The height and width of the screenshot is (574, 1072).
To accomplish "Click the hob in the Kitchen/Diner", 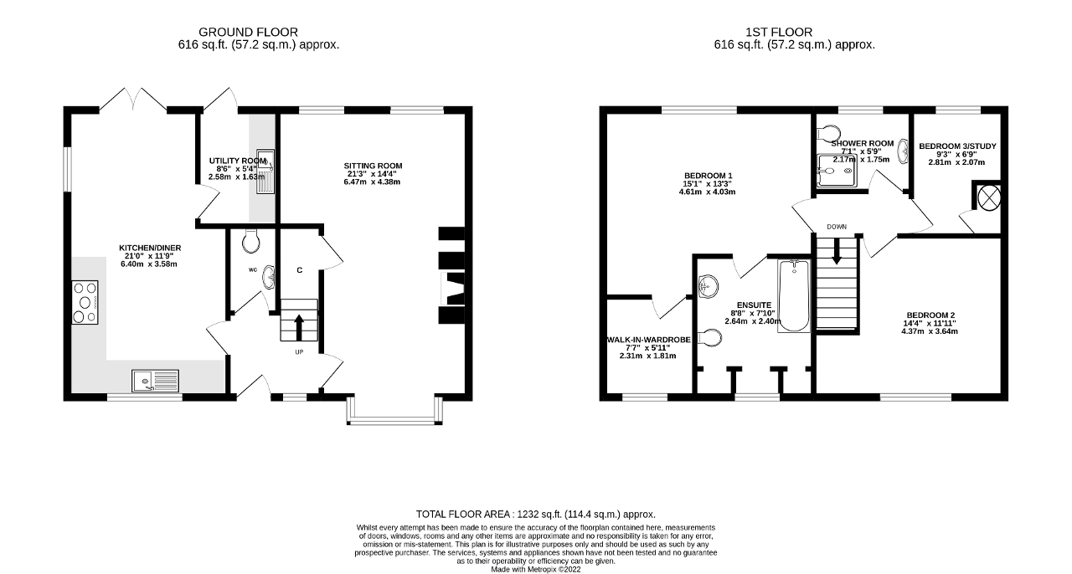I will [85, 301].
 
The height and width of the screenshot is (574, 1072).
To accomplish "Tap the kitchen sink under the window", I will [154, 381].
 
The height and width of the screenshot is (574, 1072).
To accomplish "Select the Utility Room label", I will [237, 161].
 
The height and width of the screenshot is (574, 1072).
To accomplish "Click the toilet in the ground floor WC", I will [250, 243].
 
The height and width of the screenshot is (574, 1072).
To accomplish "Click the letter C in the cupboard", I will [299, 270].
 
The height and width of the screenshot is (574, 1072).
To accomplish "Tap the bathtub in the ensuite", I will [793, 297].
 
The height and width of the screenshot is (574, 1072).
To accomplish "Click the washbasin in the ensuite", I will [709, 287].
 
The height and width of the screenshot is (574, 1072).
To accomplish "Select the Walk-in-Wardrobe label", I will [648, 340].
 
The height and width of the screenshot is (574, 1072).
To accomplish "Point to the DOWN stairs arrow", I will [837, 253].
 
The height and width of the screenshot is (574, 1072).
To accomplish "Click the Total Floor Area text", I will [536, 515].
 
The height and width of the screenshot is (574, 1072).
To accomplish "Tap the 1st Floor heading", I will [793, 32].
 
